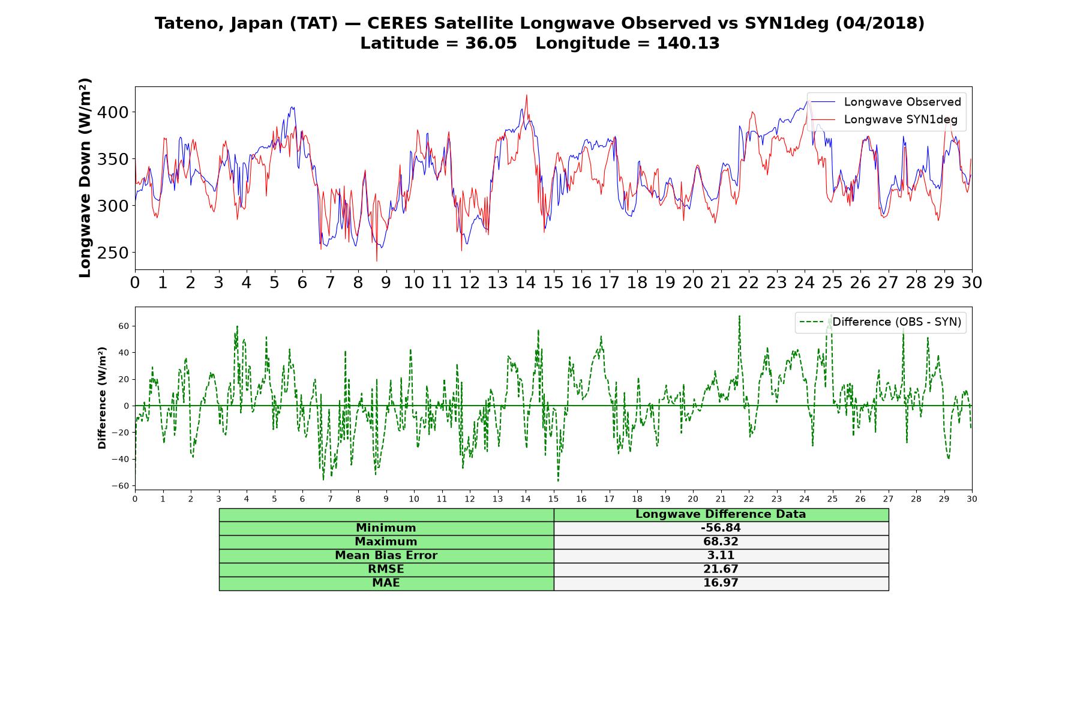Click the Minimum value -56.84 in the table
tap(721, 528)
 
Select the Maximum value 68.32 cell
tap(721, 542)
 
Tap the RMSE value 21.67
tap(721, 569)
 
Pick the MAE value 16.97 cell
tap(721, 583)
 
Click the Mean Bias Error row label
tap(386, 556)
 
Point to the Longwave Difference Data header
tap(721, 514)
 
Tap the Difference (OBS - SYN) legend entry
tap(881, 322)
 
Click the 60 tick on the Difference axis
tap(124, 326)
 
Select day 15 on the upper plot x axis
tap(553, 283)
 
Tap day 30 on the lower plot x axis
tap(972, 499)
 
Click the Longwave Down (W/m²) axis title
tap(85, 178)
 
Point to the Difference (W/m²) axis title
tap(102, 398)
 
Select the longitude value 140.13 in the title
tap(688, 43)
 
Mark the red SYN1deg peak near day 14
tap(527, 95)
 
